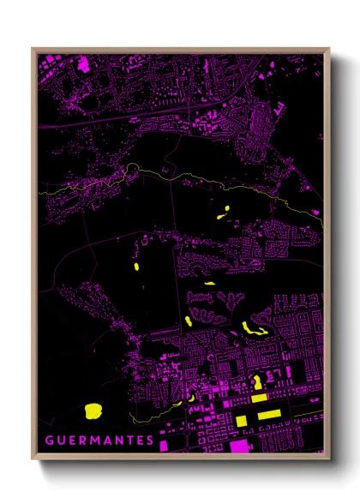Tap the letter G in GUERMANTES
[x=48, y=441]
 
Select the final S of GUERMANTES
[x=150, y=441]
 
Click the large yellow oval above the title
[x=93, y=411]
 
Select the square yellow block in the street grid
[x=243, y=419]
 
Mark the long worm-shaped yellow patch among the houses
[x=254, y=328]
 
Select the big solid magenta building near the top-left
[x=83, y=63]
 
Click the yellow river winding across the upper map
[x=171, y=176]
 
